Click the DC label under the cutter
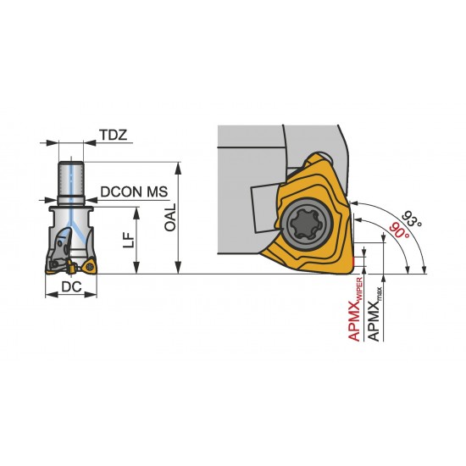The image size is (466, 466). tap(72, 289)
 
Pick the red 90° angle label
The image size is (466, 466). tap(397, 229)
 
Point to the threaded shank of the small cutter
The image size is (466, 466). tap(72, 180)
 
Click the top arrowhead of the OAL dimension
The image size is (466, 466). tap(180, 165)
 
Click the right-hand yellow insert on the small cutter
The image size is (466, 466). tap(92, 269)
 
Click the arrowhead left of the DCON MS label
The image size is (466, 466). tap(89, 192)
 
